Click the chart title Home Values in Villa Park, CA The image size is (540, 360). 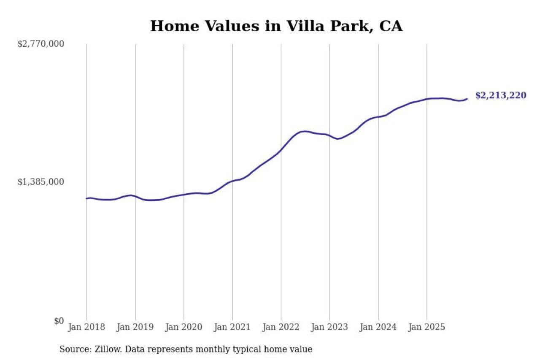[x=276, y=26]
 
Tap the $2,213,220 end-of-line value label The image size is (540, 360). [x=500, y=95]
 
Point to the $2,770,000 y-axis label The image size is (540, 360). [x=40, y=43]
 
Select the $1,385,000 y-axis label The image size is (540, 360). [x=40, y=182]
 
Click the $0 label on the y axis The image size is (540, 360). [x=59, y=321]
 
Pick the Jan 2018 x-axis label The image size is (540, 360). [x=86, y=327]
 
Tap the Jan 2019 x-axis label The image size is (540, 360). [x=135, y=327]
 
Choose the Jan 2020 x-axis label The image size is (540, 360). [x=184, y=327]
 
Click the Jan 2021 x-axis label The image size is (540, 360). [x=232, y=327]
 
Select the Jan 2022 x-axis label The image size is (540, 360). [x=281, y=327]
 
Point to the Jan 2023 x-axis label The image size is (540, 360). [x=329, y=327]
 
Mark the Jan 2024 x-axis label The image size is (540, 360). [x=378, y=327]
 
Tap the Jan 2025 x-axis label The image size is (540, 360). [x=427, y=327]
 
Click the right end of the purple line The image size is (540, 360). [x=467, y=99]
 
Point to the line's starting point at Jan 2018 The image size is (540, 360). [x=86, y=198]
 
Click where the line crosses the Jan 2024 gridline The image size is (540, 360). [x=378, y=116]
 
